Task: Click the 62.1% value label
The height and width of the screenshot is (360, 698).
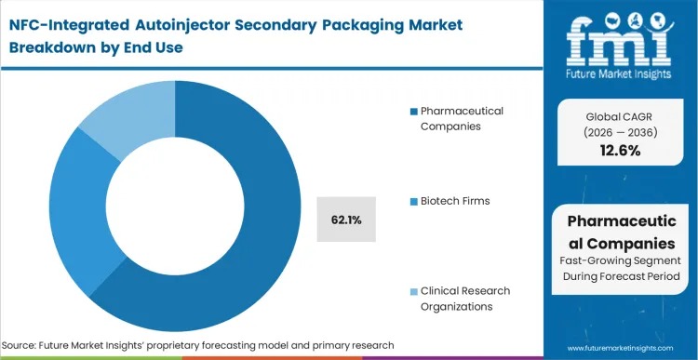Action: pos(345,220)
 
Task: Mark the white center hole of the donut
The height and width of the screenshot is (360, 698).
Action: pos(174,199)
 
